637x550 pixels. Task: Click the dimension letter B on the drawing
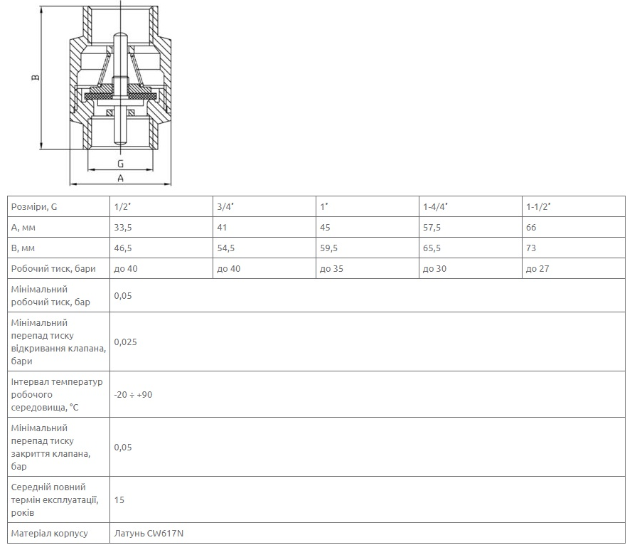coord(36,77)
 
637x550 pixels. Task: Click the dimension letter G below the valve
coord(120,164)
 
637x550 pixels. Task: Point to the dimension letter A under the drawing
coord(120,178)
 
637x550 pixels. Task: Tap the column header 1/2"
coord(122,206)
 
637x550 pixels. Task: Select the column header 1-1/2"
coord(538,206)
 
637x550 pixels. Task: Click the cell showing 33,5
coord(123,227)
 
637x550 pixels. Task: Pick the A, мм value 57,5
coord(432,227)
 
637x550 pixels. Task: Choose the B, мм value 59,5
coord(328,248)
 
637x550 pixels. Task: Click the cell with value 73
coord(531,248)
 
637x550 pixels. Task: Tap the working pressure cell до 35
coord(331,269)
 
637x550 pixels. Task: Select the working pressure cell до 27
coord(537,269)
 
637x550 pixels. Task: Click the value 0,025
coord(126,342)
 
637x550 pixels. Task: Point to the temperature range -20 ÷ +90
coord(133,395)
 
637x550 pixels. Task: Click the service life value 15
coord(119,499)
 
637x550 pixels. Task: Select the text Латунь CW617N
coord(149,534)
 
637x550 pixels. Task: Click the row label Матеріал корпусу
coord(50,534)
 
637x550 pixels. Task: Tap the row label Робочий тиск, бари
coord(53,269)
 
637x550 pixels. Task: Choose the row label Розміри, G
coord(34,207)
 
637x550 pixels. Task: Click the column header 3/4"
coord(225,206)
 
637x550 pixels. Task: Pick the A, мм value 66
coord(531,227)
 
